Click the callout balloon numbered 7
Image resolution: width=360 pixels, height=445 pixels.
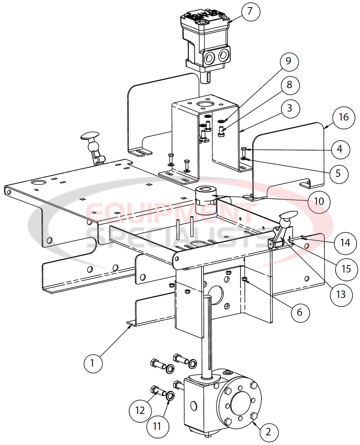250,12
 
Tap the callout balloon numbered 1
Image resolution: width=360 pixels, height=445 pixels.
92,363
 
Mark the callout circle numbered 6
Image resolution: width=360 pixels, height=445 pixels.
300,312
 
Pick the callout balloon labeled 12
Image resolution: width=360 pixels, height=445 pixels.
140,410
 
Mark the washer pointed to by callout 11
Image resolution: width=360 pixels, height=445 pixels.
170,396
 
